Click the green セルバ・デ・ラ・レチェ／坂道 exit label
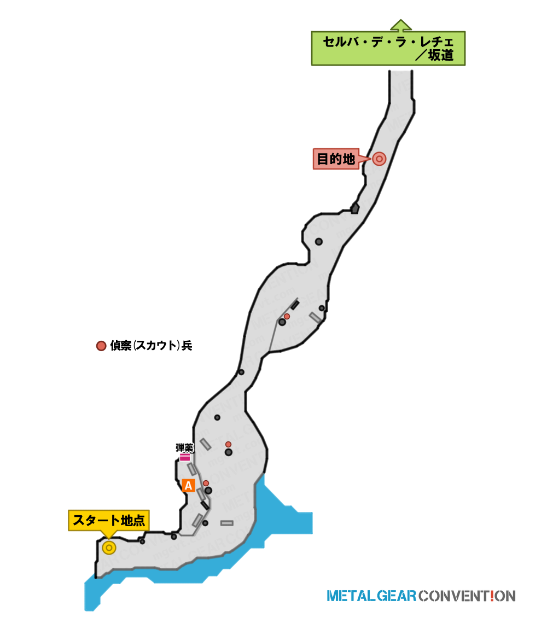point(388,48)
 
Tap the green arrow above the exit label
point(401,25)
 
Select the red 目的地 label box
point(336,159)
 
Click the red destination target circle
point(379,159)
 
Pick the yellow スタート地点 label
point(109,521)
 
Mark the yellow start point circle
point(109,547)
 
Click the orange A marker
point(188,485)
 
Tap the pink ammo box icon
point(185,457)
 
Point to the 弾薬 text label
point(184,447)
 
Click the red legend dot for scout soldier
point(101,345)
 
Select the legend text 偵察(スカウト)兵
point(152,345)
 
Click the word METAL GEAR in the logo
point(371,596)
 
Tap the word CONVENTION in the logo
point(467,596)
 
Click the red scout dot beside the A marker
point(206,484)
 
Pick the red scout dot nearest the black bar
point(287,317)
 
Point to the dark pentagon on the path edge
point(355,208)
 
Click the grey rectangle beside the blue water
point(227,523)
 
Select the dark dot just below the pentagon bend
point(319,242)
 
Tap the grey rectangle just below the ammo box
point(192,469)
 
